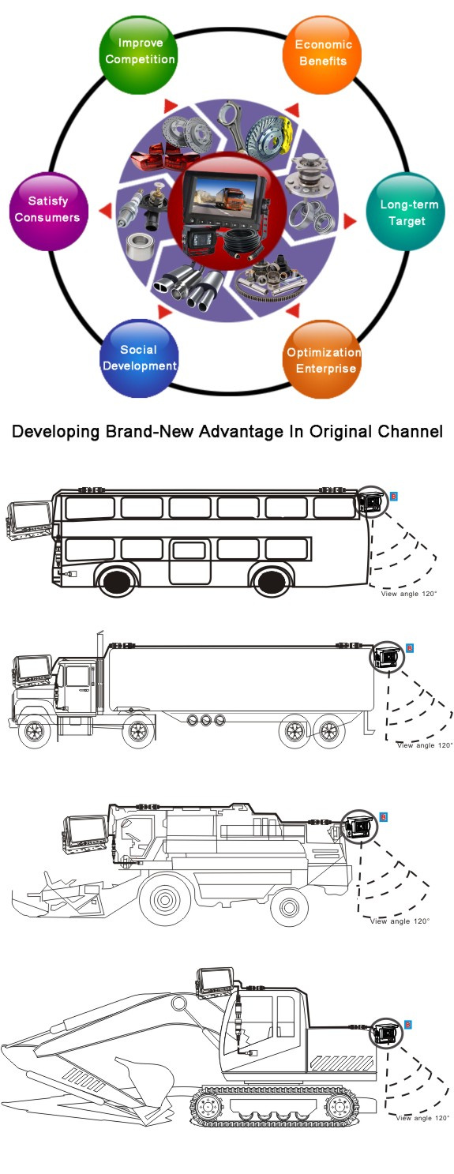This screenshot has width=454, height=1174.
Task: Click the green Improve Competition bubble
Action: [139, 54]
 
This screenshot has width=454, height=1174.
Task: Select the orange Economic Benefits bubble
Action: [322, 54]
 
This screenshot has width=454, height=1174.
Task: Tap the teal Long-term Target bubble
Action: [405, 212]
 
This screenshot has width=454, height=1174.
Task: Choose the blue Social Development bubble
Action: [139, 358]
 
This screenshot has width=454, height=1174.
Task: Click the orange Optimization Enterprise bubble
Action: [322, 359]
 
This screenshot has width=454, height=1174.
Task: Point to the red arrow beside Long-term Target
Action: [350, 221]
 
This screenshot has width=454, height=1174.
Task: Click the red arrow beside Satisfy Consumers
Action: [105, 211]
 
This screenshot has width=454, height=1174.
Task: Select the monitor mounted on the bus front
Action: [30, 520]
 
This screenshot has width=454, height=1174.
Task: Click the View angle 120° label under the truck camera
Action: [424, 745]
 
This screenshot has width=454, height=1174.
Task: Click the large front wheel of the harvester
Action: [165, 899]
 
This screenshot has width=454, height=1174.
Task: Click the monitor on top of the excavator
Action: [215, 983]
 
